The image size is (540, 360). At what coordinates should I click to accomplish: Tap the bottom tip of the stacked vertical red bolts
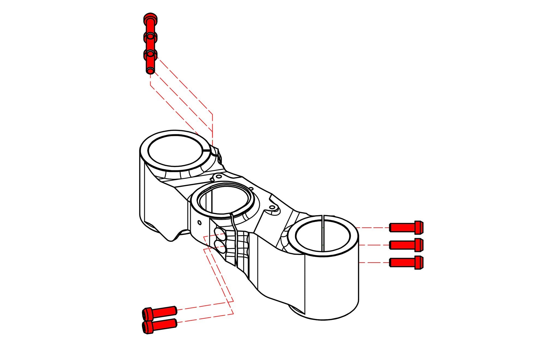[x=150, y=71]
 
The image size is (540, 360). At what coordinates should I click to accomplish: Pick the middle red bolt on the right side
[x=406, y=245]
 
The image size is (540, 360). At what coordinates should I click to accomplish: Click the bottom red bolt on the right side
[x=406, y=263]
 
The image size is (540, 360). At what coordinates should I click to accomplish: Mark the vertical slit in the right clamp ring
[x=322, y=232]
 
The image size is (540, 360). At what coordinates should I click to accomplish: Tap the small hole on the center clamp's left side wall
[x=199, y=223]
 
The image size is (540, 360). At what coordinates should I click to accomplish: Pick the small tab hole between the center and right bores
[x=272, y=208]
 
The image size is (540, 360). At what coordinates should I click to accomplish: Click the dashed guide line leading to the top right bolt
[x=372, y=227]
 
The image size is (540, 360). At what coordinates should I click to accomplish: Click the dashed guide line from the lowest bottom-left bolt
[x=205, y=318]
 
